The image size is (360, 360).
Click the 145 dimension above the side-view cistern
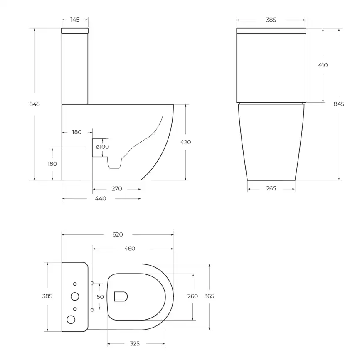75,20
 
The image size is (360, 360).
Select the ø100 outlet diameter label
102,147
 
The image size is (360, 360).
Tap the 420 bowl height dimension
185,142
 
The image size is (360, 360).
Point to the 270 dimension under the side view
117,189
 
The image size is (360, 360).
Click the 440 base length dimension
101,199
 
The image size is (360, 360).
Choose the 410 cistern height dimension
323,65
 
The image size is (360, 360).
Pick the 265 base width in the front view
271,189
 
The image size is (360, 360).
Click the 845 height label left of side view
35,104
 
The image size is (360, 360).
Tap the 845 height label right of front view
339,104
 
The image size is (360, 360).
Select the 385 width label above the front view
271,20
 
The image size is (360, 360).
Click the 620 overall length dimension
118,234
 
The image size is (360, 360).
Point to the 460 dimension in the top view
130,249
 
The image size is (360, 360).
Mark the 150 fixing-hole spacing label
99,297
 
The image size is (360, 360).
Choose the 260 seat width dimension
192,296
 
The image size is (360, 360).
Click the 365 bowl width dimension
209,296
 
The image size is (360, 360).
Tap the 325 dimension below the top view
135,344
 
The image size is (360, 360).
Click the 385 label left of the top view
47,296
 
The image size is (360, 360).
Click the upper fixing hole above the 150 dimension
92,283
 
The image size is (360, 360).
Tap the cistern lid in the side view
75,31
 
